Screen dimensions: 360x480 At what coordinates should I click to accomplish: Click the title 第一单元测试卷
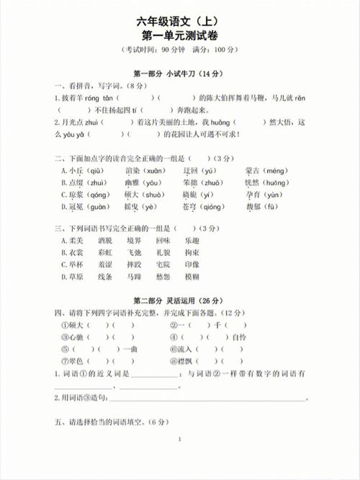click(x=179, y=34)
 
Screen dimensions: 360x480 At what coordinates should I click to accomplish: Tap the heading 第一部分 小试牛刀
click(x=179, y=73)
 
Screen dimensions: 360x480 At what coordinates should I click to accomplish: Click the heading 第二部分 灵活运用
click(x=179, y=300)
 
